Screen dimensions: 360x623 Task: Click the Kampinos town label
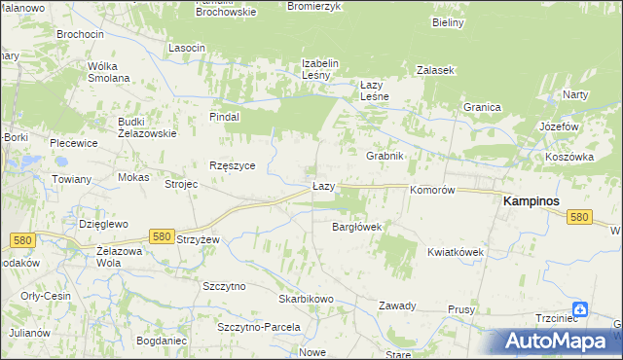tap(534, 200)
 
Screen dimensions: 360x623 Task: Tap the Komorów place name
tap(433, 191)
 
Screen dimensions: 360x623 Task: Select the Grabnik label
tap(385, 156)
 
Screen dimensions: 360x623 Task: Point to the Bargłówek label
tap(356, 227)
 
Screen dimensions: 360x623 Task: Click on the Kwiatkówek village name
tap(455, 252)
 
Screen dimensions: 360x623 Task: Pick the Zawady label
tap(397, 306)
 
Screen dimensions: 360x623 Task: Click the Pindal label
tap(224, 116)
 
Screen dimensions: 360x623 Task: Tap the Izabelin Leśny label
tap(319, 69)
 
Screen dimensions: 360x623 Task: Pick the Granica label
tap(481, 107)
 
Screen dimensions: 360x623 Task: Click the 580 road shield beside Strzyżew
tap(163, 236)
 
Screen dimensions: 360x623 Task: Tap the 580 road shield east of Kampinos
tap(580, 217)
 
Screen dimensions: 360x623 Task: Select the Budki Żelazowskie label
tap(146, 126)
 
